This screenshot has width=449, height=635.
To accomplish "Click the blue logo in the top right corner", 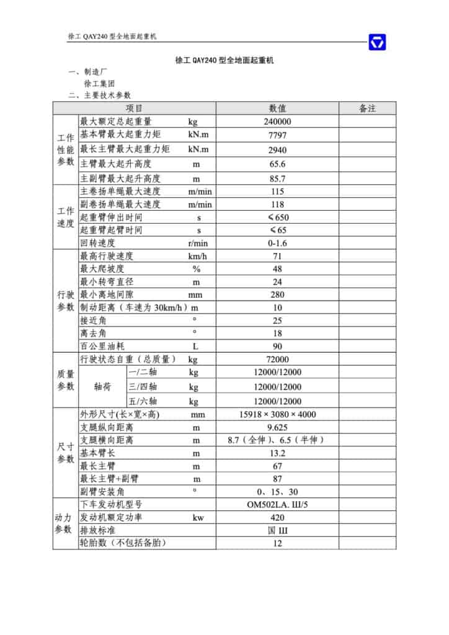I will [377, 42].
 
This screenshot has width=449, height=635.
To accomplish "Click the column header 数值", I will [277, 109].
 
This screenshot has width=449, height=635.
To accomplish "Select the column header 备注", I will [367, 109].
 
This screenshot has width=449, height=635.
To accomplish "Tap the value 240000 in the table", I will [277, 122].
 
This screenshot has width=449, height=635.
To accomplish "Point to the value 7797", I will [277, 135].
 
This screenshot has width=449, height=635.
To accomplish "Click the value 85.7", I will [277, 179].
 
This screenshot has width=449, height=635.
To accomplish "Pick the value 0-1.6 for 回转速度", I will [277, 243].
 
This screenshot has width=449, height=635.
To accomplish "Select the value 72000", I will [277, 360].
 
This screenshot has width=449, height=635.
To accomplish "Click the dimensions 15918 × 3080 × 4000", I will [277, 415].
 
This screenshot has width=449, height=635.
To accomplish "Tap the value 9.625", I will [277, 428].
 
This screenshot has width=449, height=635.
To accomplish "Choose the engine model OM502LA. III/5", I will [277, 505].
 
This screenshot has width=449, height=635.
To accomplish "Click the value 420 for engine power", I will [277, 518].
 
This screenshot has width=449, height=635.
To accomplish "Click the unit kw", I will [198, 518].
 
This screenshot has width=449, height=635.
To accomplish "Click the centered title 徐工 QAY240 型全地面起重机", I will [225, 61].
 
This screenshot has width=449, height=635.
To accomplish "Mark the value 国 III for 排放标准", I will [277, 531].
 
